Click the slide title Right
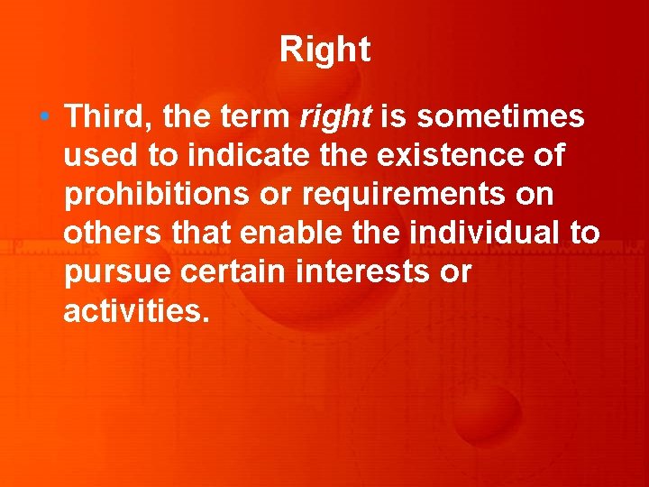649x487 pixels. tap(324, 50)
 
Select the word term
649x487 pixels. tap(258, 116)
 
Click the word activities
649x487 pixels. tap(136, 311)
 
